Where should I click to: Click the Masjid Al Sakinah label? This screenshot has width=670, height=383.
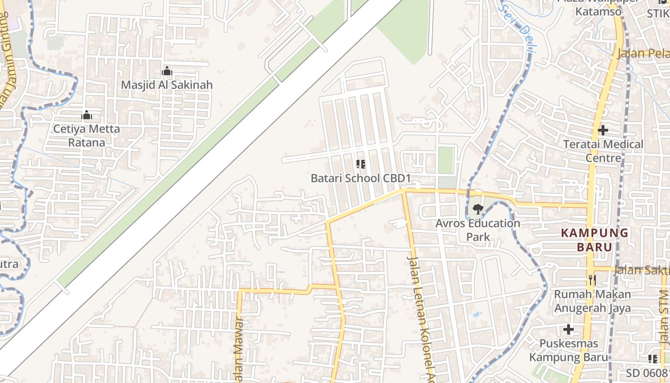click(x=167, y=85)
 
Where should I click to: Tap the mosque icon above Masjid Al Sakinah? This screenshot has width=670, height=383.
click(x=167, y=71)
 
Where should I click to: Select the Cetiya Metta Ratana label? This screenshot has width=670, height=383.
click(x=87, y=135)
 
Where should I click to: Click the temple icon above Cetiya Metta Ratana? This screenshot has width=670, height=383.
click(x=87, y=115)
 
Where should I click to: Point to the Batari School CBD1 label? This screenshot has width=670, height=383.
click(x=361, y=178)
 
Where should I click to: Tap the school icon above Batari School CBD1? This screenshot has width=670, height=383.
click(x=361, y=164)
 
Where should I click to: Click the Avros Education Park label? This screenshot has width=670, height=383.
click(x=478, y=230)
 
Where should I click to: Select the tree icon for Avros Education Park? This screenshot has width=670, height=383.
click(x=477, y=209)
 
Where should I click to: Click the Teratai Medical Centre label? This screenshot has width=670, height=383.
click(x=603, y=151)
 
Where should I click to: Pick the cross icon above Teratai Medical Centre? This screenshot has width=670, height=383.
click(x=603, y=130)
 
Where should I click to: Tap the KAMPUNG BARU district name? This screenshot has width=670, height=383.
click(x=594, y=240)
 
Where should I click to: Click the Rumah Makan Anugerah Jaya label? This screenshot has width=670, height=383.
click(x=592, y=301)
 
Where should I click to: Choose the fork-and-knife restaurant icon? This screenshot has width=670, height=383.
click(x=592, y=280)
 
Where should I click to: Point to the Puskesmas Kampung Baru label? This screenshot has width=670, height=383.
click(x=569, y=350)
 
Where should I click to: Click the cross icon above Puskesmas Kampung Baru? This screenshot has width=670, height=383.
click(x=569, y=329)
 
